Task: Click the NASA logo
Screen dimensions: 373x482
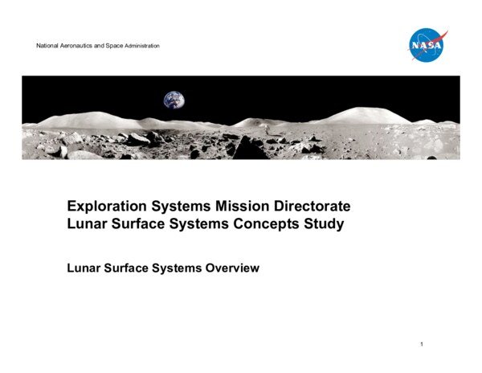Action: click(x=427, y=45)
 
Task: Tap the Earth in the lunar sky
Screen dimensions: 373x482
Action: click(x=174, y=100)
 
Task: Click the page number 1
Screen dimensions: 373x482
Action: click(x=421, y=345)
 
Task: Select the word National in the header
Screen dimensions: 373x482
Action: click(x=47, y=46)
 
